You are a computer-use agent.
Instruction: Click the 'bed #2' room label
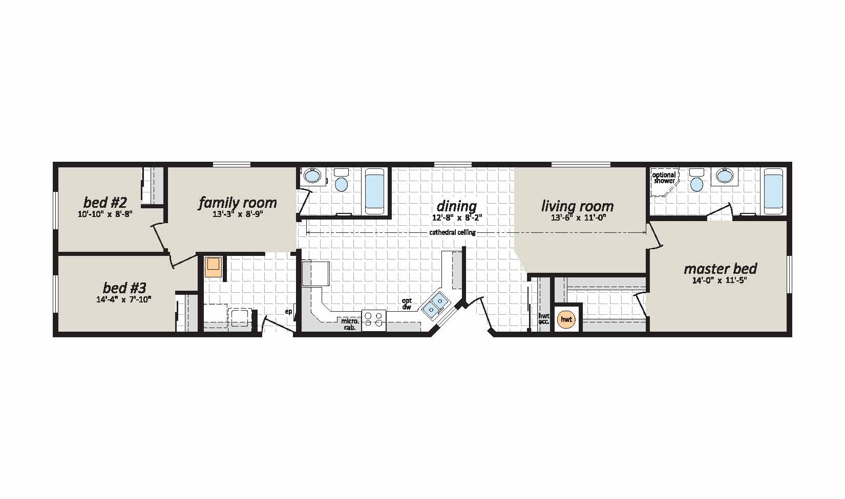coord(105,203)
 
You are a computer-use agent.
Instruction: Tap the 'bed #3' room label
coord(124,288)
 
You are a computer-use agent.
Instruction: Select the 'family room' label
coord(238,203)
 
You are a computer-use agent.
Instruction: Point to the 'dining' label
coord(456,206)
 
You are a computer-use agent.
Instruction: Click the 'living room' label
coord(578,206)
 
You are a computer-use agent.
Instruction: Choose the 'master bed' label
coord(720,269)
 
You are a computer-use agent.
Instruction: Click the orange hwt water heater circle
coord(566,319)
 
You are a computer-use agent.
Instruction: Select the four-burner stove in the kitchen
coord(373,320)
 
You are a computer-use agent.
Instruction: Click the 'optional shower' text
coord(664,178)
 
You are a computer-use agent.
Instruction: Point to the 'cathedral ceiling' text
coord(452,232)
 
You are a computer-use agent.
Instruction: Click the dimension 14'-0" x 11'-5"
coord(720,280)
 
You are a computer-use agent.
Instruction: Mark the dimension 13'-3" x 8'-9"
coord(238,214)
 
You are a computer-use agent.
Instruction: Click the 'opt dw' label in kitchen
coord(407,304)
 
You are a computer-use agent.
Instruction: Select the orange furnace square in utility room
coord(213,267)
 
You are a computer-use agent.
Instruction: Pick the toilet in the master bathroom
coord(696,181)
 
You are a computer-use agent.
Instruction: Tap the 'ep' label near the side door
coord(289,312)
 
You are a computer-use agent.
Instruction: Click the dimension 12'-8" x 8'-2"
coord(457,218)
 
